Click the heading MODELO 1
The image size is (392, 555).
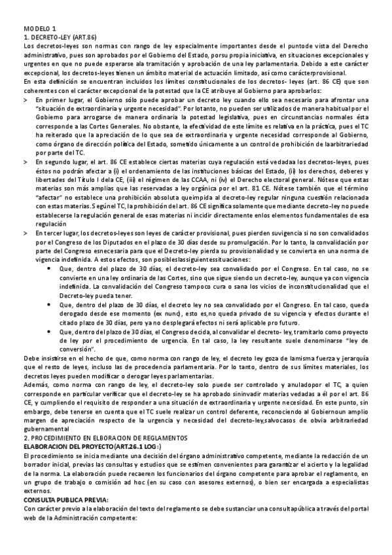pos(40,29)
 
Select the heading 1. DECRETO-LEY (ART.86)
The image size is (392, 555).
pos(60,38)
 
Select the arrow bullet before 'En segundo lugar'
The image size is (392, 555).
pos(26,161)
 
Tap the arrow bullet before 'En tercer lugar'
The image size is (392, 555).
pos(26,233)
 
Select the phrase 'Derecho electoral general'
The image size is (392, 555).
pos(304,179)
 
